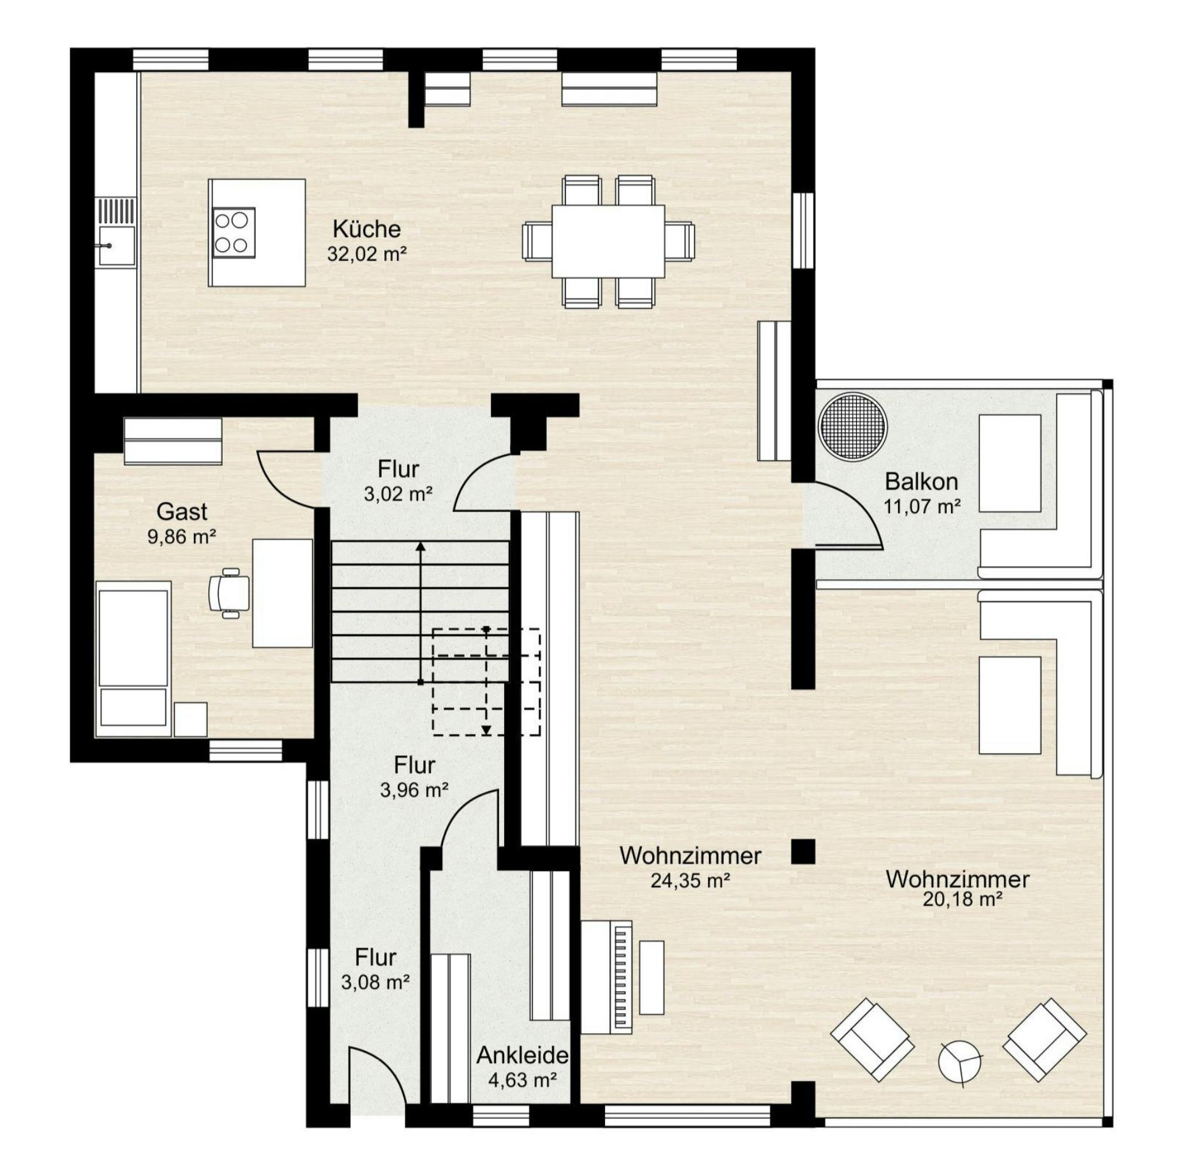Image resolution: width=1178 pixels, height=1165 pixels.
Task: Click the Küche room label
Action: click(367, 229)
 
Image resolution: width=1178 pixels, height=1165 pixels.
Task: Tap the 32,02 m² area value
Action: click(367, 254)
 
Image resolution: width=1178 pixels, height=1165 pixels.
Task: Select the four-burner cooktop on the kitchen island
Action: click(233, 233)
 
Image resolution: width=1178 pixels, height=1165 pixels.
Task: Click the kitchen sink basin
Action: click(116, 245)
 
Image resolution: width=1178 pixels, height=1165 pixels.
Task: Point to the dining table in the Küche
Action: click(608, 241)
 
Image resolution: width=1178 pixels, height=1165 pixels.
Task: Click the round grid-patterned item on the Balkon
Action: click(852, 426)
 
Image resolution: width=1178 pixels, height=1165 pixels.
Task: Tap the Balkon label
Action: click(921, 481)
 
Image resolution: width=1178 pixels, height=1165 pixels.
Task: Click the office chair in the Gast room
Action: click(228, 592)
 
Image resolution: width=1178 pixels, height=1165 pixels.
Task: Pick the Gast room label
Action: click(182, 511)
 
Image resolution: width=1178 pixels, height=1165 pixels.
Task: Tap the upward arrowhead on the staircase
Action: click(421, 546)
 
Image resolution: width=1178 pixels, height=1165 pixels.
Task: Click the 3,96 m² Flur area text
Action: click(414, 790)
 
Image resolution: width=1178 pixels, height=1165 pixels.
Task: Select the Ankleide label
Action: click(522, 1055)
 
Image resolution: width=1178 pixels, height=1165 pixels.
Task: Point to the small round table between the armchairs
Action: click(959, 1062)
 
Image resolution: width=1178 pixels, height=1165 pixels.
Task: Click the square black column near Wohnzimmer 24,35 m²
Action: click(803, 851)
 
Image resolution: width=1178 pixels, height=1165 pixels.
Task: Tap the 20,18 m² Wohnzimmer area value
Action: click(963, 899)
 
